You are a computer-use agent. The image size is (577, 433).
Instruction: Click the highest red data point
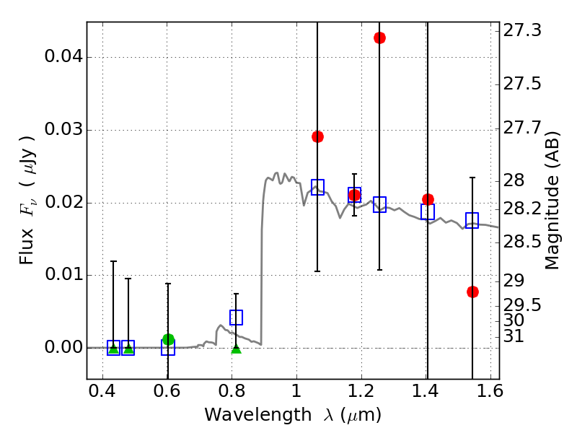[x=379, y=38]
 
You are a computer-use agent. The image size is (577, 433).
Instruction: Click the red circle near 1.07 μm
[x=317, y=136]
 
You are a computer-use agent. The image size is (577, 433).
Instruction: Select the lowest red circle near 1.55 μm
[x=472, y=292]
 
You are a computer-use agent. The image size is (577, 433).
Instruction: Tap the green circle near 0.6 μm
[x=168, y=339]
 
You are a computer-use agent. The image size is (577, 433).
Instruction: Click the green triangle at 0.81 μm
[x=236, y=349]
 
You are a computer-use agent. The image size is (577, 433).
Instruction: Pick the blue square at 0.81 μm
[x=236, y=318]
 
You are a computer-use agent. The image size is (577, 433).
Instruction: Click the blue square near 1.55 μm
[x=472, y=220]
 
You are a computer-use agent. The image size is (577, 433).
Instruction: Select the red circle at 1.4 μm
[x=428, y=199]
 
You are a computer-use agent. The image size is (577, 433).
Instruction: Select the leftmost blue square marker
[x=113, y=348]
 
